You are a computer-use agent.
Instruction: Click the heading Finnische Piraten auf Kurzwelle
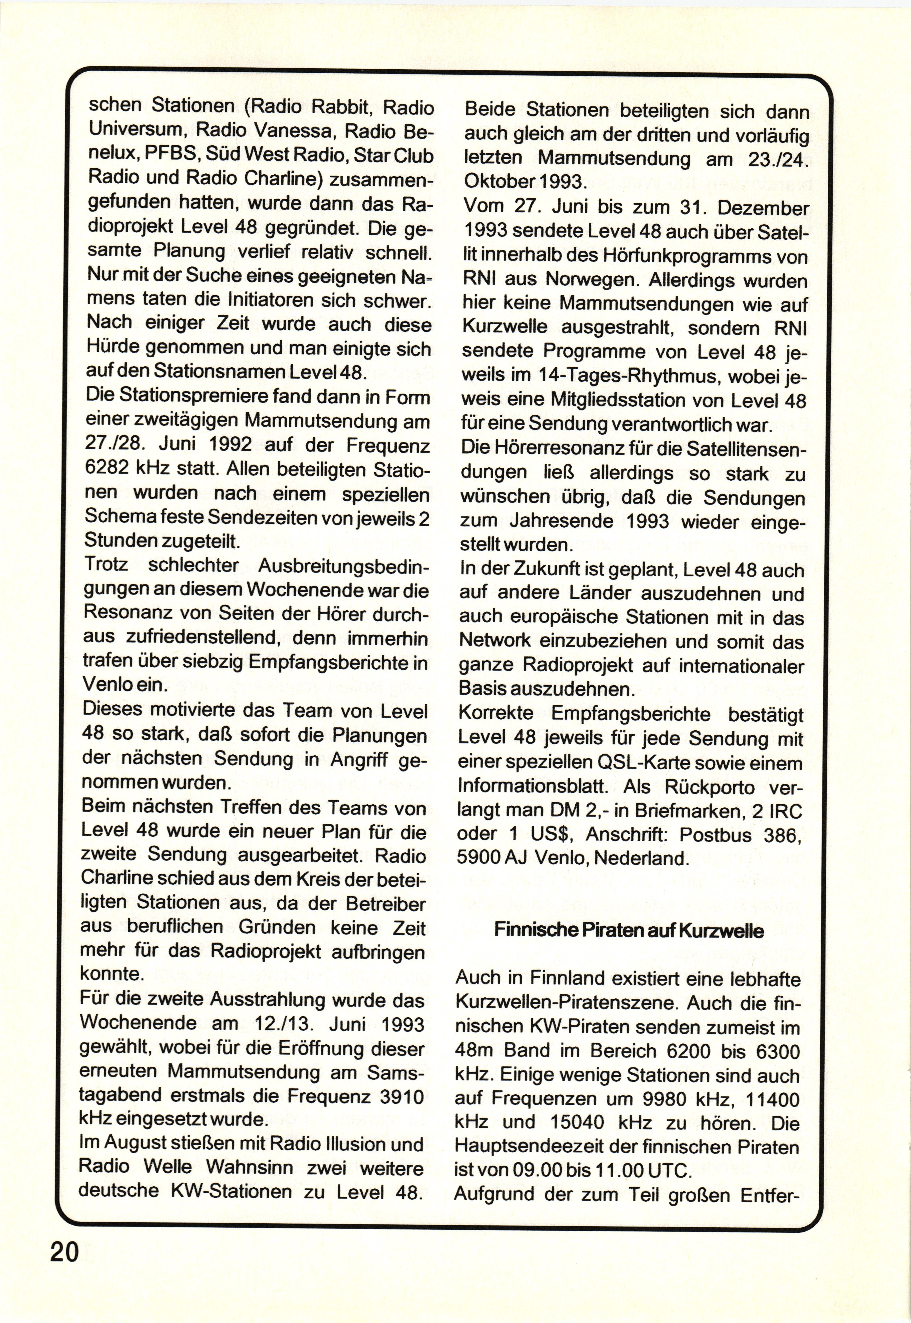[628, 930]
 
